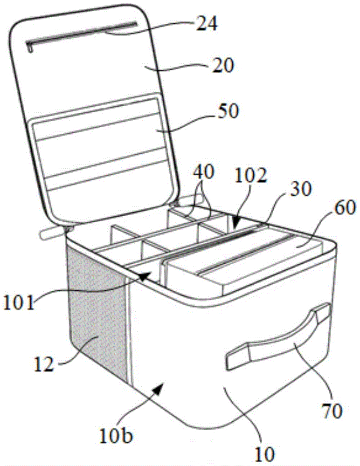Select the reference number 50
tap(226, 111)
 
